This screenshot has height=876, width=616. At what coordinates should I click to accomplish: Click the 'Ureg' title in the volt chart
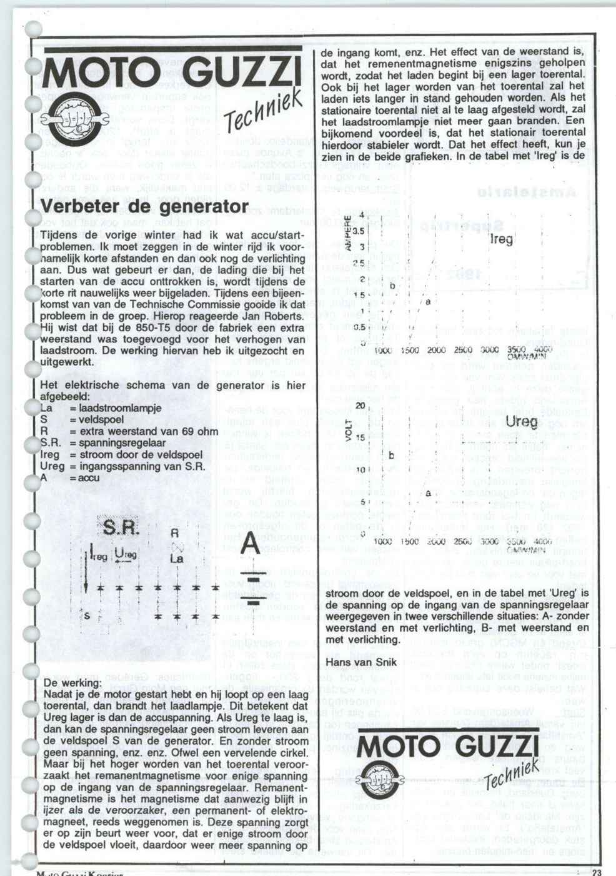click(521, 423)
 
